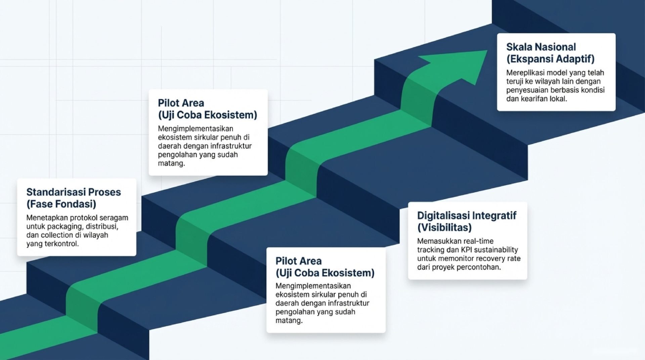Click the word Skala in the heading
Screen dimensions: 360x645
519,47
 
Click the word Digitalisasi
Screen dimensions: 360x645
443,216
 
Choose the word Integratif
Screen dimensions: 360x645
494,216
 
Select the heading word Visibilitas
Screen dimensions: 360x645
444,228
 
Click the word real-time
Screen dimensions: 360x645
478,241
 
